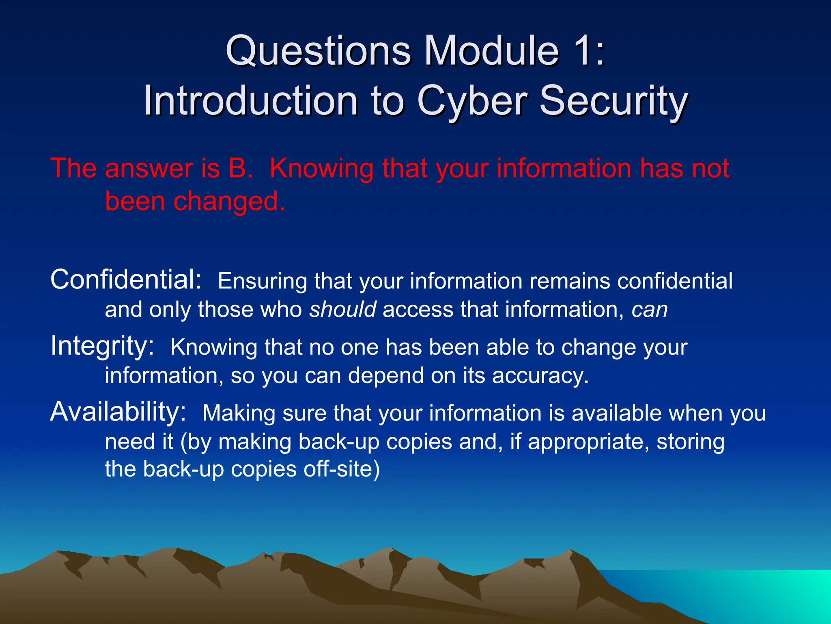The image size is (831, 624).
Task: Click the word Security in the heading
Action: (x=613, y=102)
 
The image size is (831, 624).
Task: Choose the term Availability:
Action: (x=118, y=412)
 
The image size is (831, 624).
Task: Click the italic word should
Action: (x=343, y=310)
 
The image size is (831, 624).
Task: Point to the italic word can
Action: (x=650, y=310)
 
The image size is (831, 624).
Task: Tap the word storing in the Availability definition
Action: (x=691, y=442)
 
